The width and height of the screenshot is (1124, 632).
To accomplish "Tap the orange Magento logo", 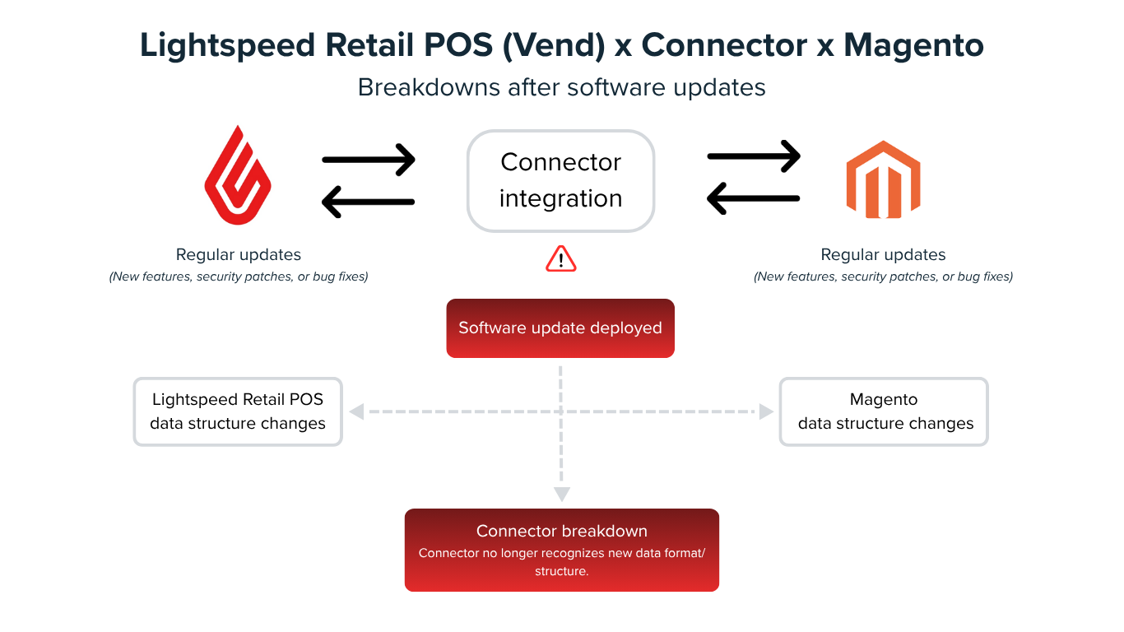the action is click(883, 179).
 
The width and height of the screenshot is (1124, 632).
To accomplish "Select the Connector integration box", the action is click(560, 181).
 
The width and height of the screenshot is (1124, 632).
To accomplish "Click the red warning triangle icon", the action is click(561, 259).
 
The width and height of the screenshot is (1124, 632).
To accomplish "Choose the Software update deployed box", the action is click(560, 328).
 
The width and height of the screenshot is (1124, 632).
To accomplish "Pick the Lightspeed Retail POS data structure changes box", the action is click(238, 411).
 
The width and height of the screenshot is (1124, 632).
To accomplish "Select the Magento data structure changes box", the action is click(884, 411).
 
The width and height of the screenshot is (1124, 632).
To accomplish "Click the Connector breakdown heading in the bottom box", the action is click(561, 531).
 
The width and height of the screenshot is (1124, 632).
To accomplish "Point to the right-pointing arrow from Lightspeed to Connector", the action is click(369, 160).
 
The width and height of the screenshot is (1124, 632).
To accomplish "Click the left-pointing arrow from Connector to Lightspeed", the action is click(369, 202).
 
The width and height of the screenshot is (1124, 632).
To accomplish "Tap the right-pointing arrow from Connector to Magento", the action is click(754, 156).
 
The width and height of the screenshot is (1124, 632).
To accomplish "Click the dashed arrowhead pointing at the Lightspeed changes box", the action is click(357, 411).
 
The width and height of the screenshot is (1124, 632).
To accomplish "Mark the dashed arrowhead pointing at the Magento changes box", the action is click(766, 411).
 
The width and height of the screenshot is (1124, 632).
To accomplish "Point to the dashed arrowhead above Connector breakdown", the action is click(561, 494).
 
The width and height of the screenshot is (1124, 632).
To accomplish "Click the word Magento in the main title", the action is click(913, 45).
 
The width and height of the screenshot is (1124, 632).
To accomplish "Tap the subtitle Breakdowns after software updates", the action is click(561, 87).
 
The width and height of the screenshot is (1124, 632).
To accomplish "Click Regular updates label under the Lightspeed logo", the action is click(239, 254).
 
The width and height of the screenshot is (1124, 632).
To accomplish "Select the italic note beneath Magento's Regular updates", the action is click(883, 276).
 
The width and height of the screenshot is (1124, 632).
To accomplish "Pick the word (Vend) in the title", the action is click(554, 45).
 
